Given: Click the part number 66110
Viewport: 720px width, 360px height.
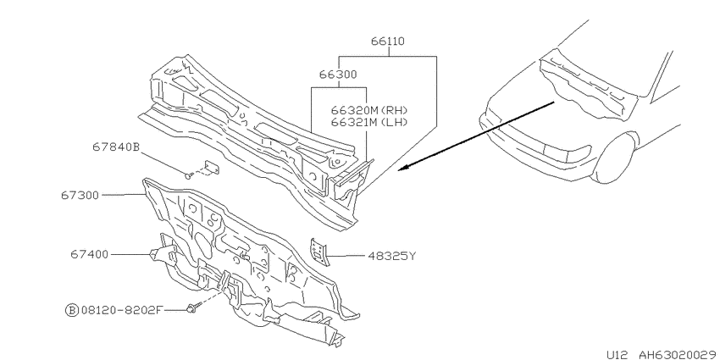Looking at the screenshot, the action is pos(388,42).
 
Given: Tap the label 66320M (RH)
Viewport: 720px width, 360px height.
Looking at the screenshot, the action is pos(369,111).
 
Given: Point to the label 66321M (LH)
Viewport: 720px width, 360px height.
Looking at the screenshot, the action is pos(369,122).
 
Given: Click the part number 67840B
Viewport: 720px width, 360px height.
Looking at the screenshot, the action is pos(116,147).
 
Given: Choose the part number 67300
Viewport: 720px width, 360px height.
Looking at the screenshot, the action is pos(80,195).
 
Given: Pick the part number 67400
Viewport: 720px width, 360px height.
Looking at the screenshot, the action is pos(90,254).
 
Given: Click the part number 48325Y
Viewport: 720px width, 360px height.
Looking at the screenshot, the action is pos(391,256).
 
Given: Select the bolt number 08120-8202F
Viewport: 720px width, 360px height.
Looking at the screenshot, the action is pos(122,310).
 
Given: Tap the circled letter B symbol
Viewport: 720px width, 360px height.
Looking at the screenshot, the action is pos(71,310).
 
